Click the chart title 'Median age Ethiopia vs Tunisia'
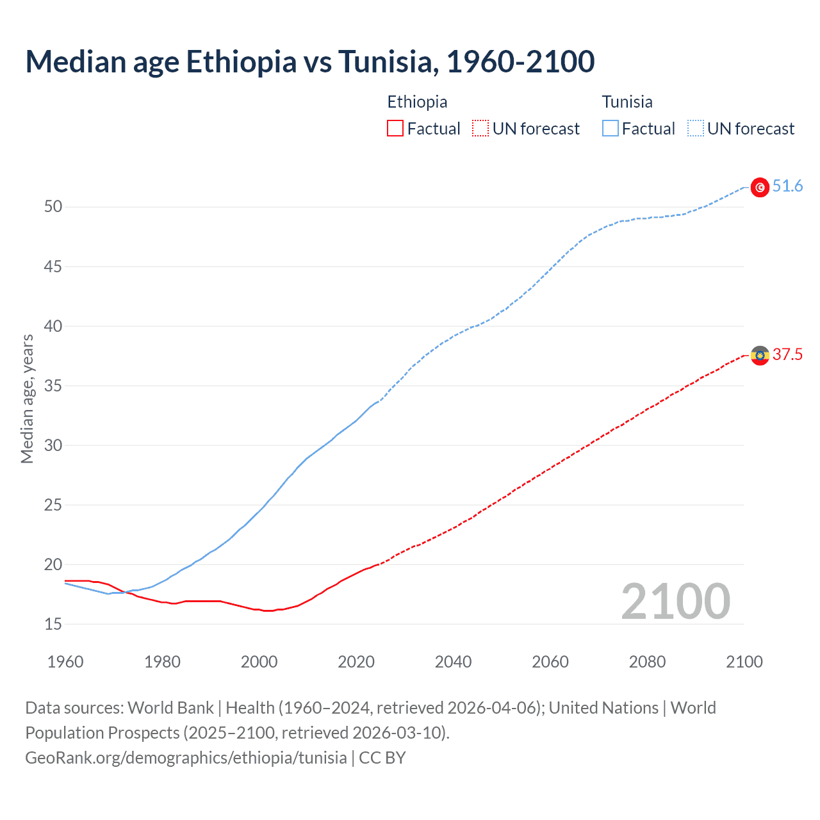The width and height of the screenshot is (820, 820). (x=310, y=61)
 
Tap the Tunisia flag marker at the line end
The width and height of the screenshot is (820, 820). (x=760, y=187)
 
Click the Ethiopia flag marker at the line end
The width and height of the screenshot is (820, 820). (x=760, y=356)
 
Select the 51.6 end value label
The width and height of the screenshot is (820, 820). (x=787, y=186)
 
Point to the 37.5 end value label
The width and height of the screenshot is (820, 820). (x=787, y=355)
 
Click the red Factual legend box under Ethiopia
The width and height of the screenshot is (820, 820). (x=395, y=129)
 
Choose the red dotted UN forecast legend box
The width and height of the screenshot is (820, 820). (x=480, y=129)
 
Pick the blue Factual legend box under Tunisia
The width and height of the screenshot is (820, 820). (x=610, y=129)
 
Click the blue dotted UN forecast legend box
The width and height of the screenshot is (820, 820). (x=695, y=129)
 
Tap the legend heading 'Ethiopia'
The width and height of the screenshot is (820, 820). (x=417, y=102)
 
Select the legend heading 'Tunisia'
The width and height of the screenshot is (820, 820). (x=627, y=102)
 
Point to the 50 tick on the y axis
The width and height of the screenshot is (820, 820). (x=53, y=207)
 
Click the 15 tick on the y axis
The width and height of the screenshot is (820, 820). (x=53, y=624)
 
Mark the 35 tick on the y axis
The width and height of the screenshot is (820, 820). (x=53, y=386)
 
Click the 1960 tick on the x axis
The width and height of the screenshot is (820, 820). (x=65, y=662)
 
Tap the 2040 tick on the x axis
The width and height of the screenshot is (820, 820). (x=453, y=662)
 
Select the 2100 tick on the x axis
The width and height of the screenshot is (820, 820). (x=744, y=662)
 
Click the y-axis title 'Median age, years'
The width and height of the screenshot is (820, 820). (x=27, y=398)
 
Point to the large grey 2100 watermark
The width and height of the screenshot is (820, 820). (x=675, y=601)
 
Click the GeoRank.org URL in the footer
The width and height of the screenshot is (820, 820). (x=186, y=758)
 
